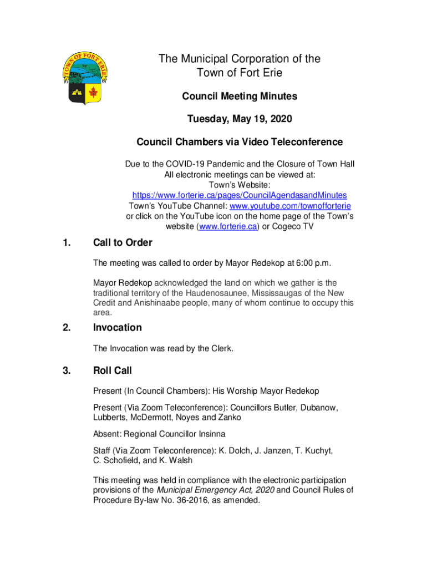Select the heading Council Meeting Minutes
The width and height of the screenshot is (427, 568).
(240, 97)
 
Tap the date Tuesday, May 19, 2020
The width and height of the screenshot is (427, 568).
(240, 119)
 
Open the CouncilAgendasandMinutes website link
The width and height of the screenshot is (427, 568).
(240, 195)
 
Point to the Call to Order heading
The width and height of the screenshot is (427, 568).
(123, 243)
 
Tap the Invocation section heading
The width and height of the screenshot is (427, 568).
(117, 328)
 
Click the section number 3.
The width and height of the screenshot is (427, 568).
(67, 371)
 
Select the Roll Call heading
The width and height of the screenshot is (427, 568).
(113, 371)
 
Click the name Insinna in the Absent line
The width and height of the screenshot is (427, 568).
(209, 434)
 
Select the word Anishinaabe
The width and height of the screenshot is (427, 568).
(148, 303)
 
